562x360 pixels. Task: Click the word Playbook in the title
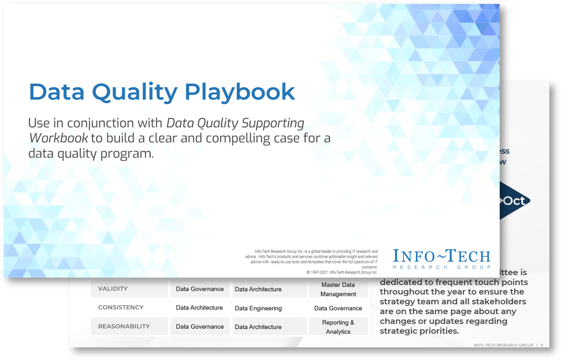tap(240, 92)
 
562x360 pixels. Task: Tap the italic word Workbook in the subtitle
tap(58, 139)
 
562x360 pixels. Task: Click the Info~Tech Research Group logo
tap(441, 258)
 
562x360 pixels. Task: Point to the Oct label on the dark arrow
tap(514, 201)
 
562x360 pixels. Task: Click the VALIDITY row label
tap(113, 289)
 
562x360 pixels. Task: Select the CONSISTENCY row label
tap(121, 307)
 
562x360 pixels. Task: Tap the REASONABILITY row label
tap(124, 326)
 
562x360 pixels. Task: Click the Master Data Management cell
tap(338, 289)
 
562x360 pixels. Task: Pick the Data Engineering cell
tap(258, 308)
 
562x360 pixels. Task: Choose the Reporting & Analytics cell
tap(338, 327)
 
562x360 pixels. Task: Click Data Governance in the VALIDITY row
tap(200, 289)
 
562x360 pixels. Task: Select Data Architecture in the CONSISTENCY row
tap(199, 308)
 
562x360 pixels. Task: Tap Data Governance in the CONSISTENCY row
tap(338, 308)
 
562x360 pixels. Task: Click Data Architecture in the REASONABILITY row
tap(258, 327)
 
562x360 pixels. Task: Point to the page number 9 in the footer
tap(542, 345)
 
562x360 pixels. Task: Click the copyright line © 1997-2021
tap(342, 272)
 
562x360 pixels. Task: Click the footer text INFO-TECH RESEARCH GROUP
tap(503, 345)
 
